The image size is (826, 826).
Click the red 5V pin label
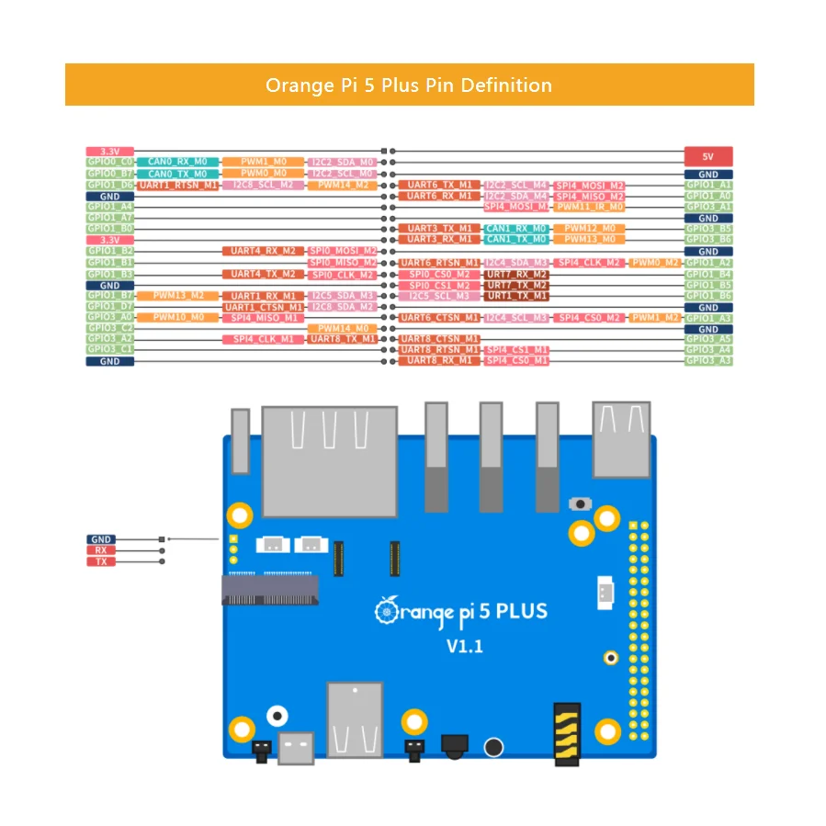coord(707,156)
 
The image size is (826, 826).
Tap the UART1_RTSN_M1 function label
coord(178,185)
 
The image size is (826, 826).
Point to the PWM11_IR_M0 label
coord(591,207)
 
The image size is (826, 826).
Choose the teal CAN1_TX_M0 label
coord(516,240)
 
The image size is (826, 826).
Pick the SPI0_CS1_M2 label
coord(439,285)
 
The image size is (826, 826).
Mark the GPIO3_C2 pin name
coord(110,328)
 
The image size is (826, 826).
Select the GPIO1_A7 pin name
coord(110,218)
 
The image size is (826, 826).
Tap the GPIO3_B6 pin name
coord(708,240)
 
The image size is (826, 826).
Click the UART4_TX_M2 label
coord(263,274)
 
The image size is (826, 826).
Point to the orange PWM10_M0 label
coord(178,317)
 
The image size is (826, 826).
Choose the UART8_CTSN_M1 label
coord(439,339)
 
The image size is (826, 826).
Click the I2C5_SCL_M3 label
coord(439,296)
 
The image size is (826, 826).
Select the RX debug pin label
coord(101,550)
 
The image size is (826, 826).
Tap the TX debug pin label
coord(101,561)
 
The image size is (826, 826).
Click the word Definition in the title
coord(506,85)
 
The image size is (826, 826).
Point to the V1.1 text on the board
coord(465,647)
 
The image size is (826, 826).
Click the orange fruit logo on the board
coord(386,610)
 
